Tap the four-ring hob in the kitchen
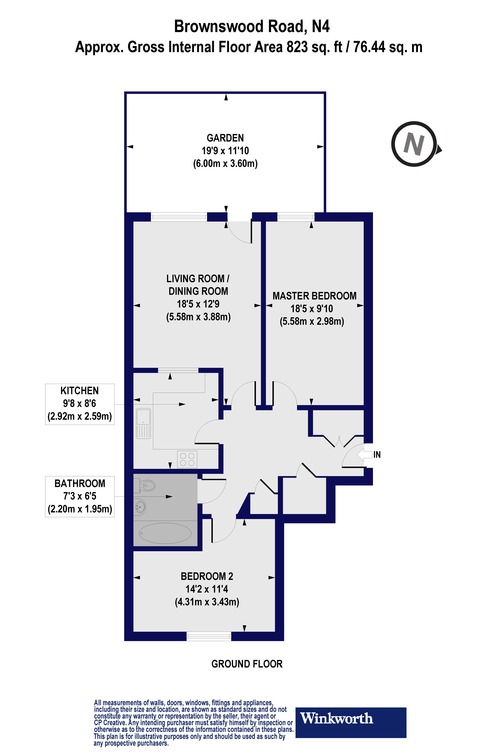click(x=187, y=459)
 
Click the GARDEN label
click(x=225, y=138)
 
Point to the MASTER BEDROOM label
click(x=314, y=296)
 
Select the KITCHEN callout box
click(x=80, y=404)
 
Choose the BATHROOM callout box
click(x=80, y=496)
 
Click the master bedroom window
click(x=296, y=217)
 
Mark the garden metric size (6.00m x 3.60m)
click(x=225, y=164)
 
